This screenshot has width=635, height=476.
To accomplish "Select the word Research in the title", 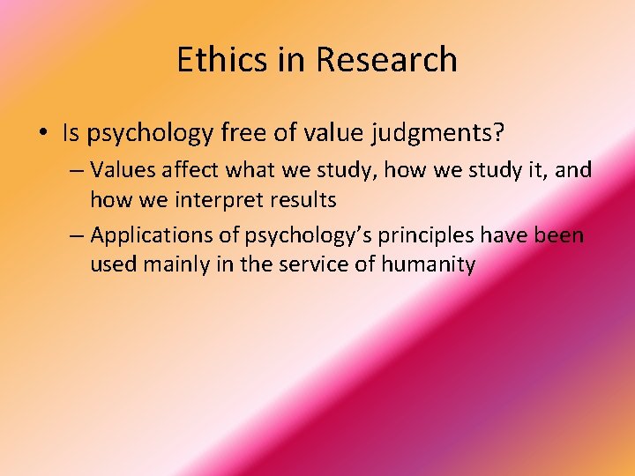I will (386, 60).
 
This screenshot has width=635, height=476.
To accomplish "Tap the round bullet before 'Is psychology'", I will (43, 135).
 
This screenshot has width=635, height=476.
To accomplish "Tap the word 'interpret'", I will (220, 201).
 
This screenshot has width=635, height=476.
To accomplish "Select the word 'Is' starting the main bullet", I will (71, 133).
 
